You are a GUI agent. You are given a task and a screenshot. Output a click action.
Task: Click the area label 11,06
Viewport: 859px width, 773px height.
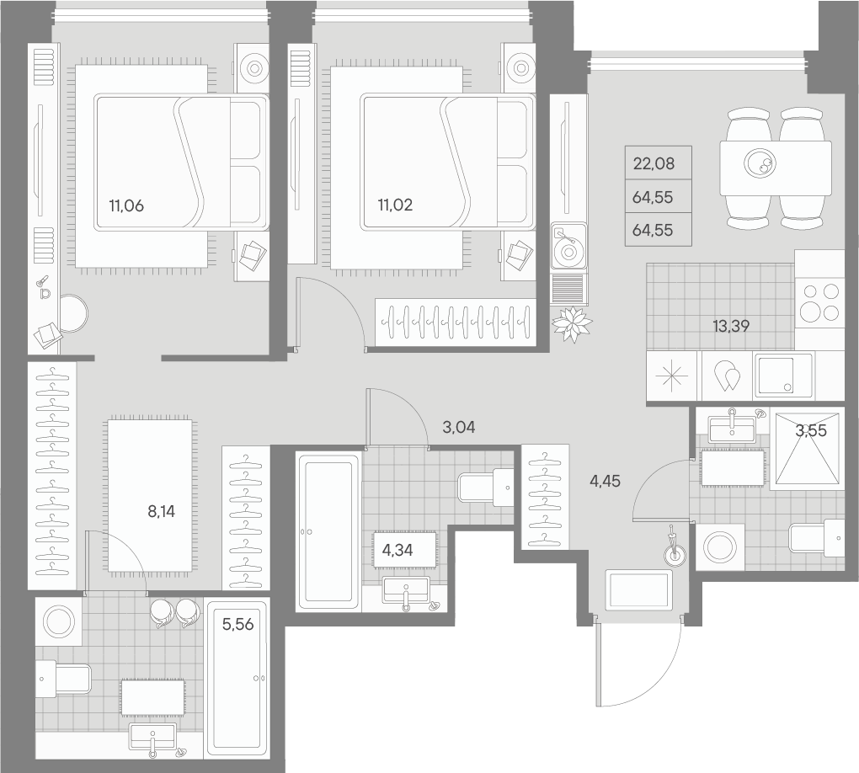click(126, 204)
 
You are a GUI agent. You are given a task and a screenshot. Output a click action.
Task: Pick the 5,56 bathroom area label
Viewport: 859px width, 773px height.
click(237, 625)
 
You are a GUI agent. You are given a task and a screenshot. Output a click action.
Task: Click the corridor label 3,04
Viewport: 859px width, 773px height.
click(459, 427)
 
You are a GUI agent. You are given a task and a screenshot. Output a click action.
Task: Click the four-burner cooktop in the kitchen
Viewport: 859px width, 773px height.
click(819, 301)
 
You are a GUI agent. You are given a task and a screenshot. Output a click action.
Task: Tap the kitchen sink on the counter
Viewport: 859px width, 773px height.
click(783, 374)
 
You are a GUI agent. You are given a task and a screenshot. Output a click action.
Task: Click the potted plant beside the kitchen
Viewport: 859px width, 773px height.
click(572, 323)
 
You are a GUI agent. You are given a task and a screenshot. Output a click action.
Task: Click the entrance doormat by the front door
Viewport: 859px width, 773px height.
click(639, 590)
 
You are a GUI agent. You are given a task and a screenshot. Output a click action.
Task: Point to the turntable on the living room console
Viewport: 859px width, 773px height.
click(568, 247)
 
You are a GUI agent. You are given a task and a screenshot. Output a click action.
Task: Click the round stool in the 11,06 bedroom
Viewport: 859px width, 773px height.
click(72, 312)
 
